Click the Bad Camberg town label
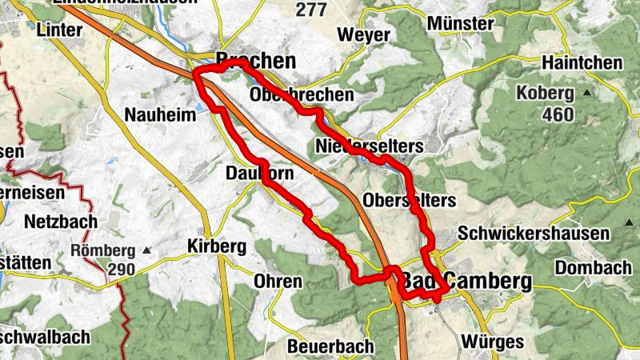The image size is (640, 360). pos(466,281)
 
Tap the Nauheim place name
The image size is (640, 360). pos(160,115)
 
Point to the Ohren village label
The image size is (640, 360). pos(278,282)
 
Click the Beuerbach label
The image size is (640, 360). pos(330,346)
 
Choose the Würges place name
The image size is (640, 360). pos(492,342)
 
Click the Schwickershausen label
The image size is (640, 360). pos(534,234)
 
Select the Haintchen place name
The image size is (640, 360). pos(582,62)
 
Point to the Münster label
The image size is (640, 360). pos(461,23)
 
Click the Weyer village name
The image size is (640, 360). pos(364,35)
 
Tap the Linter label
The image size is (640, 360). pos(59,30)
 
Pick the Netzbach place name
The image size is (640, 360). pos(61,221)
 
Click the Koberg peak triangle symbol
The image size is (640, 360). pos(586,92)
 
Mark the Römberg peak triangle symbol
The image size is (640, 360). pos(146,250)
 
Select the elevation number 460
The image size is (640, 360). pos(557,114)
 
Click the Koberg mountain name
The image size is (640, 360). pos(546,91)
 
